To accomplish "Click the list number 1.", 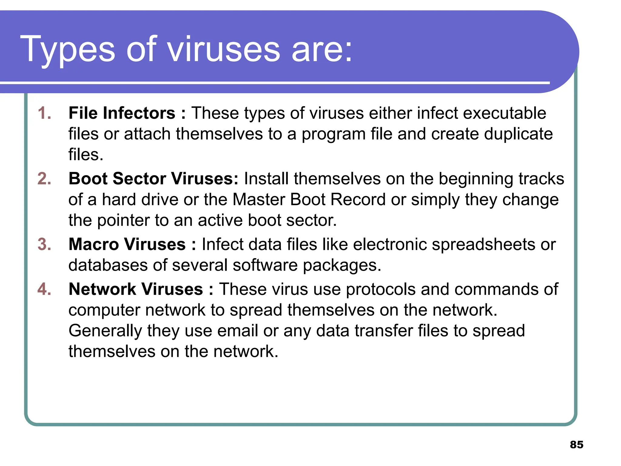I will tap(44, 113).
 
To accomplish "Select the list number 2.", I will tap(44, 178).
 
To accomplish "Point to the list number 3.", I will tap(44, 244).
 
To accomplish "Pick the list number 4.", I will tap(44, 289).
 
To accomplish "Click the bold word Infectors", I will tap(139, 113).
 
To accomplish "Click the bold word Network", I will tap(102, 289).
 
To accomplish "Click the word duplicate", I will tap(518, 134).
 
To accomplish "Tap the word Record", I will tap(358, 200).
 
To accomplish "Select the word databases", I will tap(108, 265).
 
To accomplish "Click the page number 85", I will tap(576, 444).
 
